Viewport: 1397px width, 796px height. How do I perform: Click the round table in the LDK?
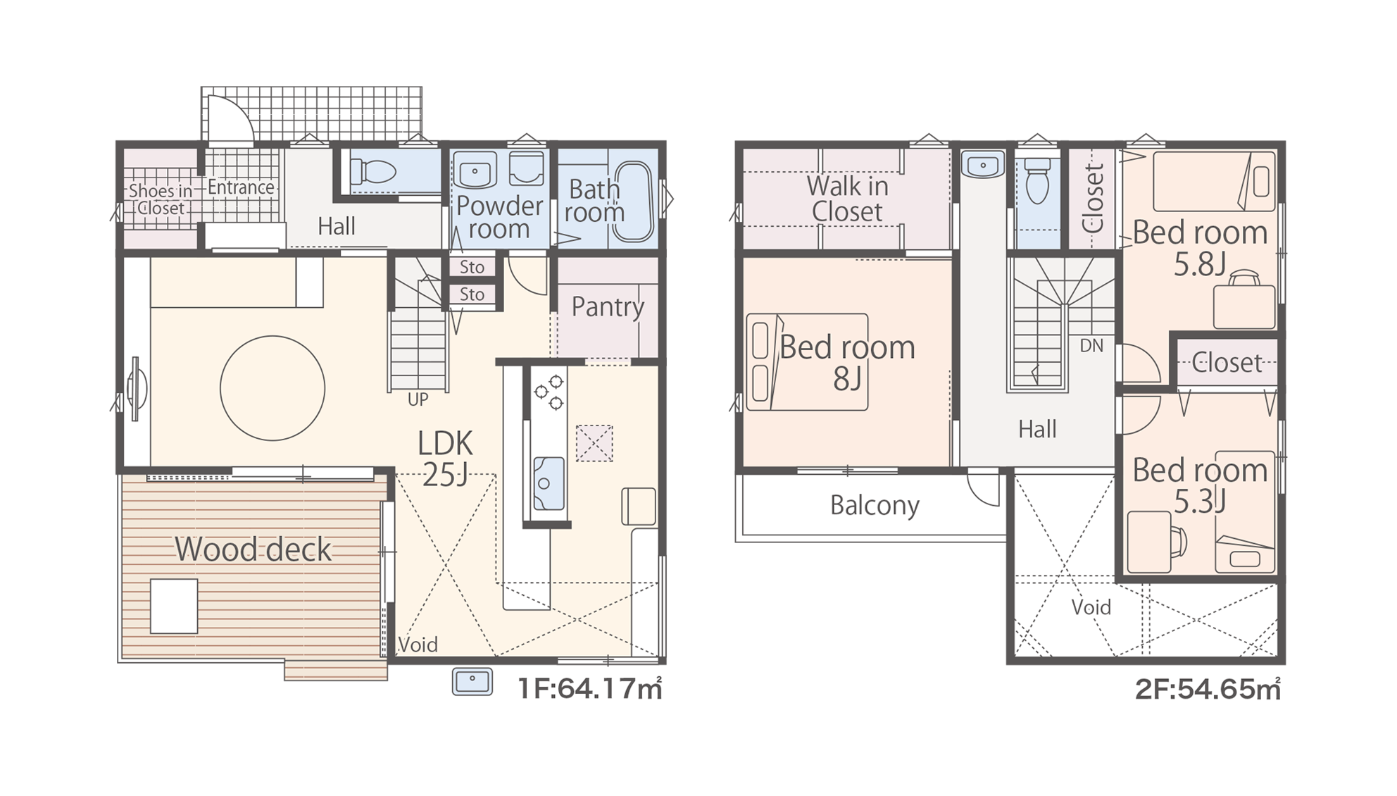(272, 388)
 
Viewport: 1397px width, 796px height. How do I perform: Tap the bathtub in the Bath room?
(634, 202)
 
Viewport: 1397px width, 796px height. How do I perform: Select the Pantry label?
(608, 307)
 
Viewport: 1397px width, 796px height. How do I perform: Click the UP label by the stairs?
(418, 399)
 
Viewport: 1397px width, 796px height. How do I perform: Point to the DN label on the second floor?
(1091, 345)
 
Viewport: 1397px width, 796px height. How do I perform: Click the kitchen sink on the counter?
(549, 483)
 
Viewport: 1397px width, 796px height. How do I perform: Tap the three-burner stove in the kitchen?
(549, 392)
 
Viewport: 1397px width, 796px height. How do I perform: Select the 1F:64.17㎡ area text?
(590, 688)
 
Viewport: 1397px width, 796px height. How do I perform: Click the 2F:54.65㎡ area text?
(1208, 689)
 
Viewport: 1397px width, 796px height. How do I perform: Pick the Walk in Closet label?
(847, 199)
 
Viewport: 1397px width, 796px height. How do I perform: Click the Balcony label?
(875, 506)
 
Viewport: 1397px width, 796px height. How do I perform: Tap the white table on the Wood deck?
(174, 606)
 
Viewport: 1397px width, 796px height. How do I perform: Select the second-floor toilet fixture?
(1038, 180)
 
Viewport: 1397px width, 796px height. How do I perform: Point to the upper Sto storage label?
(472, 267)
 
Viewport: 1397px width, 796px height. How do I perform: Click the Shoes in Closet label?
(161, 199)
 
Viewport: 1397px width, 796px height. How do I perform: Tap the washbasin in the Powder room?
(475, 170)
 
